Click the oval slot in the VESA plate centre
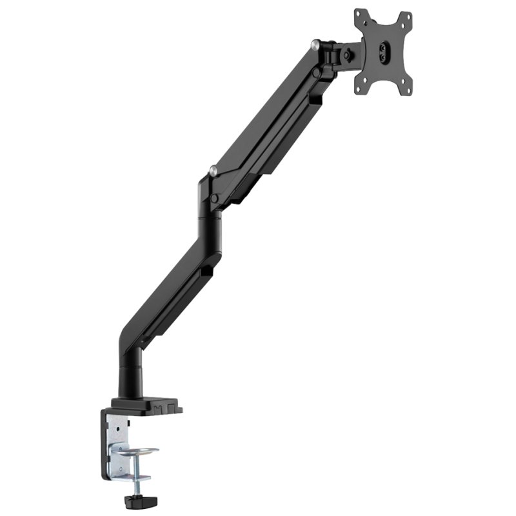(384, 52)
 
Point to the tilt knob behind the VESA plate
(348, 55)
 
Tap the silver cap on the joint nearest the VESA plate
(315, 45)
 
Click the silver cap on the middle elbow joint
(213, 172)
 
